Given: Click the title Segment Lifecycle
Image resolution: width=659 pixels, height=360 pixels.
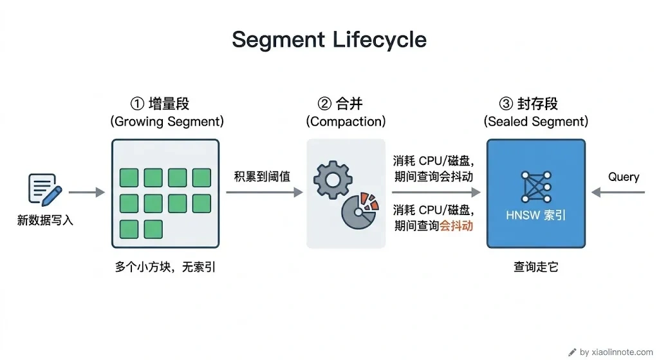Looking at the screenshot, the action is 329,40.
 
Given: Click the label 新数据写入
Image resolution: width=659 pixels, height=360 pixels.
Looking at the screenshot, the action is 45,220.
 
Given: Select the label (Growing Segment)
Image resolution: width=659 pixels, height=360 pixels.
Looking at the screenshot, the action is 167,122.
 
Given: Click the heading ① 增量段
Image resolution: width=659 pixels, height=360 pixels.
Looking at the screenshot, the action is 160,104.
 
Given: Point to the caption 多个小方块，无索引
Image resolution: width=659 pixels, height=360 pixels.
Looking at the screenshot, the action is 165,267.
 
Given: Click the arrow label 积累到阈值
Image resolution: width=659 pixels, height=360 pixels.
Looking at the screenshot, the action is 262,176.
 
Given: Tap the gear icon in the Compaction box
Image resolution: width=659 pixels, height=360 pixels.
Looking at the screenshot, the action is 333,180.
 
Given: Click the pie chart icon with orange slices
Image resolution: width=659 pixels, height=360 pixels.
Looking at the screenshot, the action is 360,211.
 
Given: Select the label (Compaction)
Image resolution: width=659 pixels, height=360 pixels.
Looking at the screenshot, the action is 346,122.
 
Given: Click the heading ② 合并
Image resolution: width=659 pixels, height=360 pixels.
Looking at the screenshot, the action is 340,104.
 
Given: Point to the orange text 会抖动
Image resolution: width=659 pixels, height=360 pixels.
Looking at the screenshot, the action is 456,226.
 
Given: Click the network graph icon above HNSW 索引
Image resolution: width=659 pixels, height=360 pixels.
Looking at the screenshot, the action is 536,187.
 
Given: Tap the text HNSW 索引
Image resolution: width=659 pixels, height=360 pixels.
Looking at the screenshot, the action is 536,215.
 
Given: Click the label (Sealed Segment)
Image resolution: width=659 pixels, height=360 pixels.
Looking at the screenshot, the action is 536,122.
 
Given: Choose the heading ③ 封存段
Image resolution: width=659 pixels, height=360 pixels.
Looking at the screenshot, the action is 528,104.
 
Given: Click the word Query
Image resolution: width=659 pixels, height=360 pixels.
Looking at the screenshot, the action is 624,176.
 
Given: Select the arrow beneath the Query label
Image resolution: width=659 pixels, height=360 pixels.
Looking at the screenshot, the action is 618,192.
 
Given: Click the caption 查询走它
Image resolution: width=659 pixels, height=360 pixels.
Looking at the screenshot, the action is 536,267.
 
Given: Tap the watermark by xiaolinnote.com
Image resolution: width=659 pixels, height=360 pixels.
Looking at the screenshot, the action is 611,352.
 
